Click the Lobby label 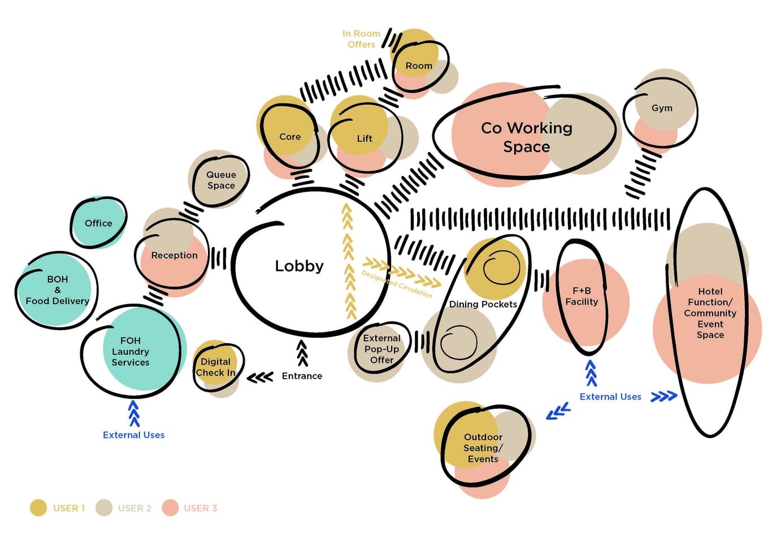299,266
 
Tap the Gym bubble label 662,108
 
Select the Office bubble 98,223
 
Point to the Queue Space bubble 220,180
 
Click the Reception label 174,255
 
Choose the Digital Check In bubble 215,367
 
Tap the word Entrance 302,376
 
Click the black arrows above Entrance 302,353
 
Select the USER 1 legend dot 38,508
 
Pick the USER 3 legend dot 170,508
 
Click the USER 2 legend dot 104,508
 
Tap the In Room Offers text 361,39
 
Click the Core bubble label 290,137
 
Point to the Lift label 365,138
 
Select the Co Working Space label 526,137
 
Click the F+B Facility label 582,296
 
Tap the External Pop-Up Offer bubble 381,349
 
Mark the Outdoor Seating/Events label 483,448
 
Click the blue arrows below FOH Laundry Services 134,413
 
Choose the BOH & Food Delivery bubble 57,290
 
